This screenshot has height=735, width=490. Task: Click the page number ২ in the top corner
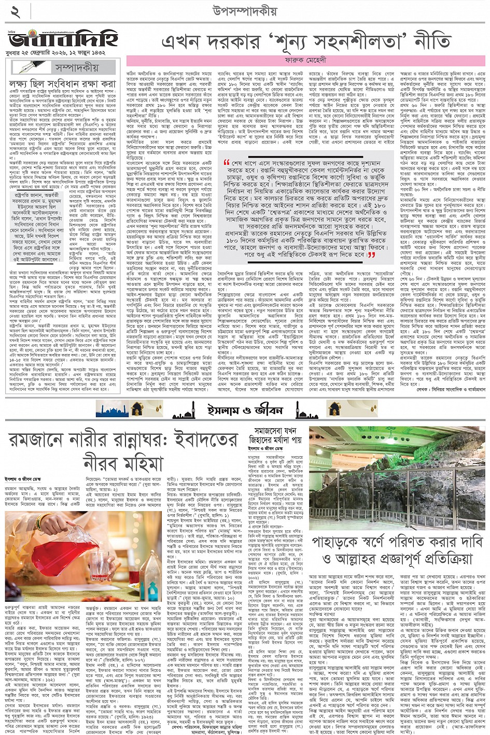click(15, 11)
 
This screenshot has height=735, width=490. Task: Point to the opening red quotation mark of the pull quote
click(227, 163)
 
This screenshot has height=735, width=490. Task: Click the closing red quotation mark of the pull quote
click(371, 255)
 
